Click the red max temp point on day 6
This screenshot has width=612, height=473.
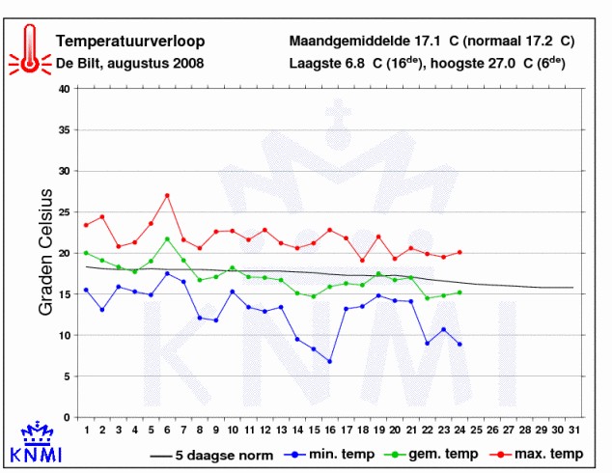(167, 196)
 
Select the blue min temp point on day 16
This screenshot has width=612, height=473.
(330, 361)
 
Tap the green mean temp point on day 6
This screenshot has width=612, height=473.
(167, 238)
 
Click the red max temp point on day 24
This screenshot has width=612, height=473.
(459, 253)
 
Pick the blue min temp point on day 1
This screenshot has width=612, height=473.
(86, 290)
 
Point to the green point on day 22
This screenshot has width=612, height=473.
(428, 298)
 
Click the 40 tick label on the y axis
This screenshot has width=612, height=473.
(64, 89)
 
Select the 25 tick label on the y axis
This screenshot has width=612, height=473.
(64, 212)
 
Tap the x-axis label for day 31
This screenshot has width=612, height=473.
(573, 431)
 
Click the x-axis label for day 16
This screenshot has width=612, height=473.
(330, 431)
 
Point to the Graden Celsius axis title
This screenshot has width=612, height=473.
(45, 252)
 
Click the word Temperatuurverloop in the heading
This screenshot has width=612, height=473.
(130, 42)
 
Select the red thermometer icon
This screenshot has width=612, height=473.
(30, 49)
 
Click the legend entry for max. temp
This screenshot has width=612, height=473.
(537, 455)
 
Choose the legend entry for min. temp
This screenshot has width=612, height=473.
(329, 455)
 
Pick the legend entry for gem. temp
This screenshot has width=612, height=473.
(431, 455)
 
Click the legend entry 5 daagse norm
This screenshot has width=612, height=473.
(211, 456)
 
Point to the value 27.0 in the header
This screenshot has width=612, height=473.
(502, 63)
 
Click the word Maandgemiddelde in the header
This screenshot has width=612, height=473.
(349, 42)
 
